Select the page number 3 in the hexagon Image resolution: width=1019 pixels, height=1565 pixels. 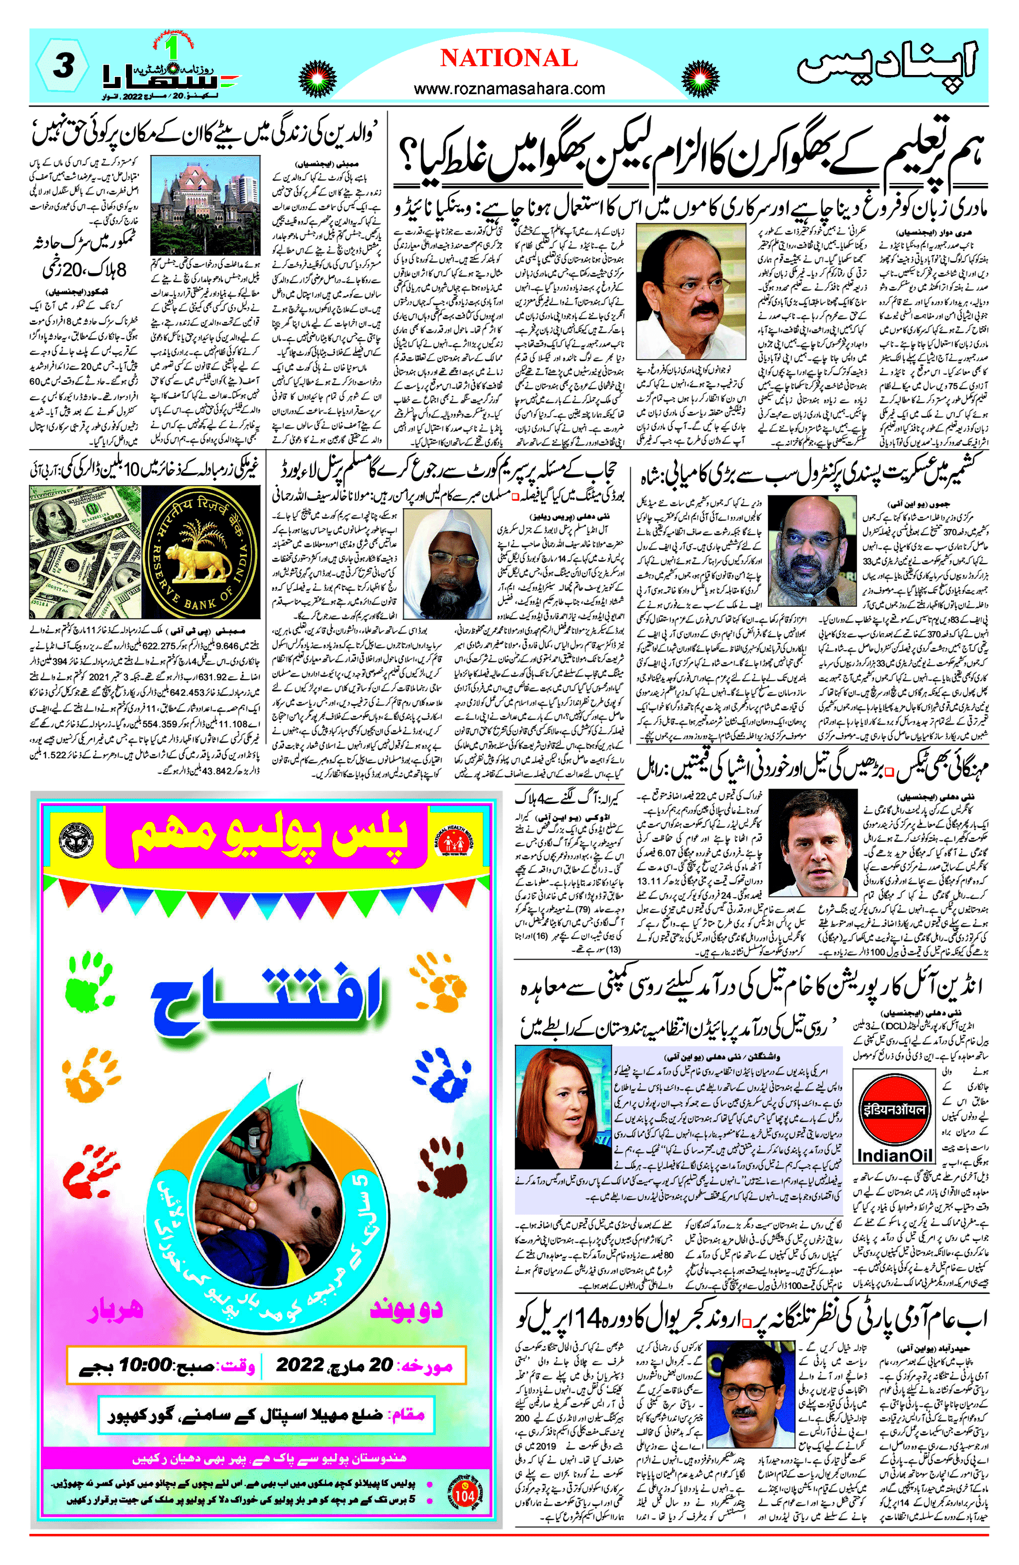62,66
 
